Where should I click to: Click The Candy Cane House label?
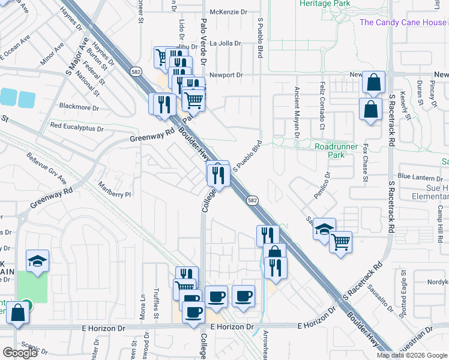[403, 23]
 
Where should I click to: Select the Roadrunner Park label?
[337, 150]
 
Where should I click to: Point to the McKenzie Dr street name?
[228, 12]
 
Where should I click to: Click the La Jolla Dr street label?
[225, 43]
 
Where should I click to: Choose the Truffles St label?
[155, 302]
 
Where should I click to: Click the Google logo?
[20, 353]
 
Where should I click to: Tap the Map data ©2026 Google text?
[411, 355]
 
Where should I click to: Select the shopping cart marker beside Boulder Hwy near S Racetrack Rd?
[340, 242]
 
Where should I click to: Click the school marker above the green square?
[37, 261]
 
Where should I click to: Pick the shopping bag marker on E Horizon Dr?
[18, 313]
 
